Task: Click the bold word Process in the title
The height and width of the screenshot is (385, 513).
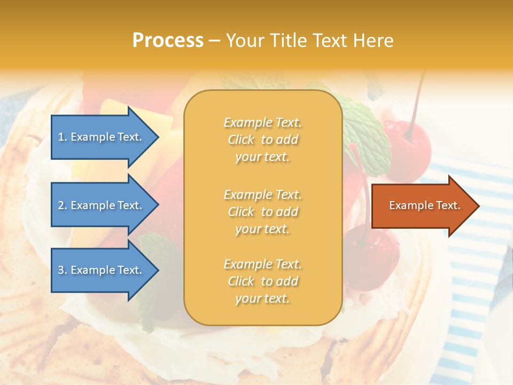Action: point(168,40)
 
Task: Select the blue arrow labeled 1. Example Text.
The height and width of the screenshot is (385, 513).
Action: point(102,137)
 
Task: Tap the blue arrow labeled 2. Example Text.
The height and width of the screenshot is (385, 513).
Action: point(102,205)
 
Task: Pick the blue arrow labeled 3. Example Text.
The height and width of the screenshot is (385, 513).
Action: point(102,270)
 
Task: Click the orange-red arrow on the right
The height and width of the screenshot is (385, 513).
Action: point(422,206)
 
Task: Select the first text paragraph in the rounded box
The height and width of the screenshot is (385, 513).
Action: point(262,140)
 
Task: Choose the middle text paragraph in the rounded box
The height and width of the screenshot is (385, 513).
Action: point(262,212)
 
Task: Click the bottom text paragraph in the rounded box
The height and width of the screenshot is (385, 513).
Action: point(262,281)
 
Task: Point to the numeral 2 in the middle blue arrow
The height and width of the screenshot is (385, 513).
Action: point(61,205)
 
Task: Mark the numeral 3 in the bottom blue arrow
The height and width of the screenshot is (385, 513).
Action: point(61,270)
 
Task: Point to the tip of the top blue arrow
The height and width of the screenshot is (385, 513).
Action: point(158,137)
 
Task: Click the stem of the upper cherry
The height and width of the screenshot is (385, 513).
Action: point(417,102)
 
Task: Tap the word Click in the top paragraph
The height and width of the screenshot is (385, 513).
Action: point(241,140)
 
